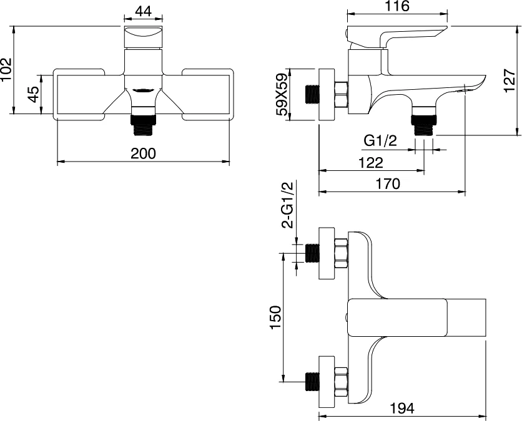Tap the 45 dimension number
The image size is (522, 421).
point(34,94)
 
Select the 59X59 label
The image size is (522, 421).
point(282,95)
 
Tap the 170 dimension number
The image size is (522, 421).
point(388,183)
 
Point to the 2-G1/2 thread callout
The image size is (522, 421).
point(287,206)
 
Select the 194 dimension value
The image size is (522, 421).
point(403,409)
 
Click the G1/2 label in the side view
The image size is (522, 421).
point(380,141)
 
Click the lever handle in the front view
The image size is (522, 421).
point(143,37)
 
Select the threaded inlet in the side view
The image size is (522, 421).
point(312,94)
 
